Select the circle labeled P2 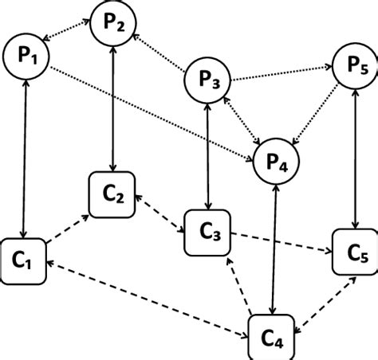pyautogui.click(x=113, y=23)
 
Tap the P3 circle pyautogui.click(x=208, y=80)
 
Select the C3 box pyautogui.click(x=207, y=233)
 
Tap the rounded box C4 pyautogui.click(x=273, y=338)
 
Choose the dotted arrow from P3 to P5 pyautogui.click(x=281, y=74)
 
